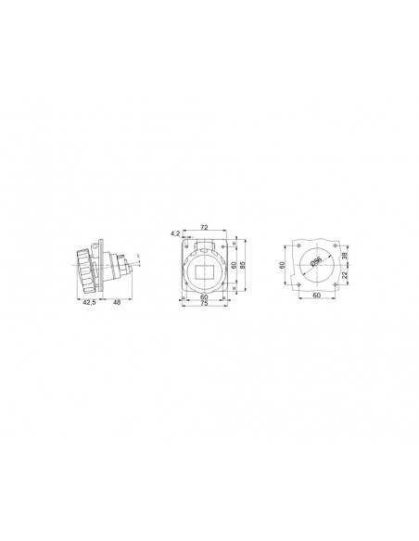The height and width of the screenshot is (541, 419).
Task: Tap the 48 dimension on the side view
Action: coord(117,302)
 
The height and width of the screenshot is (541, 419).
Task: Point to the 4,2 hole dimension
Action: coord(176,234)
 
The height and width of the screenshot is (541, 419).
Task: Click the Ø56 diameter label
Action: coord(315,263)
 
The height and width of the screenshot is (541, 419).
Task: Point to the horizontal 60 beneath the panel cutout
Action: coord(315,296)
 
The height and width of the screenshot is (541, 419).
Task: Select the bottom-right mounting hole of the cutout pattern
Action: coord(331,282)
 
